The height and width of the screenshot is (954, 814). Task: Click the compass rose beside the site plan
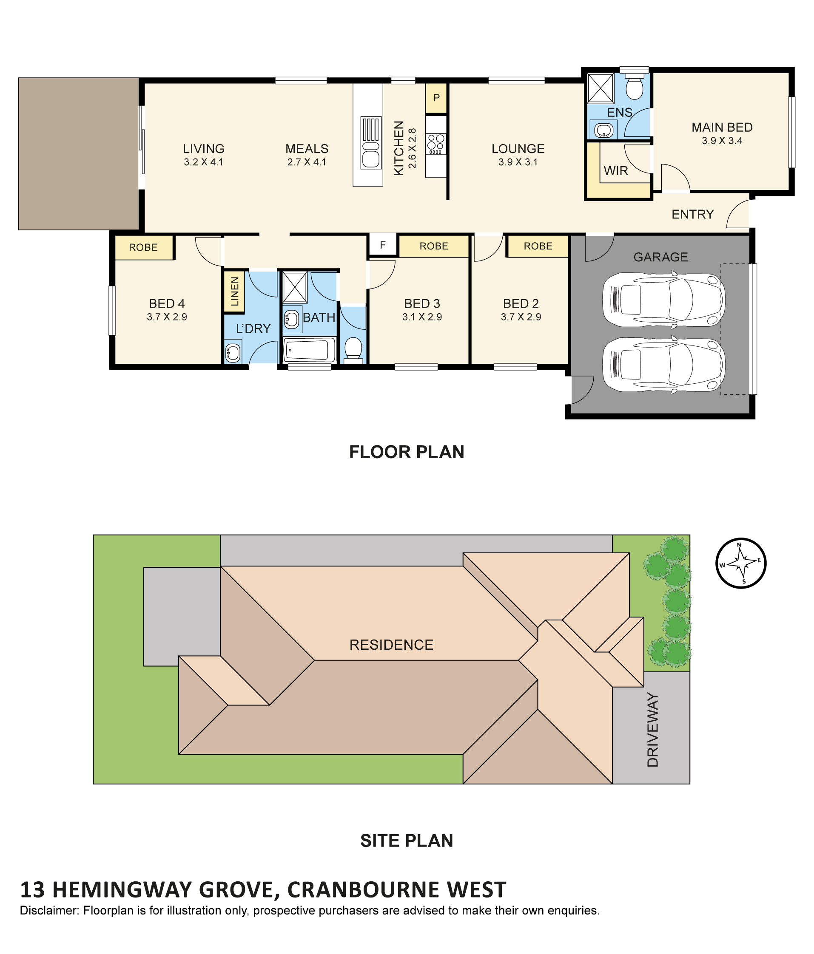pos(740,563)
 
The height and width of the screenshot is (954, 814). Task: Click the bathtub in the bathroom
pos(309,350)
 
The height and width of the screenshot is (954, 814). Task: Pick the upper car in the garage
pos(663,300)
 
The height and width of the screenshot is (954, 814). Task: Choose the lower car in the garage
pos(663,365)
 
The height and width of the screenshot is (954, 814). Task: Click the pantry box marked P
pos(436,98)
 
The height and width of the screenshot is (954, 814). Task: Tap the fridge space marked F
pos(382,245)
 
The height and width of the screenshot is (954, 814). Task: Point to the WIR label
pos(616,171)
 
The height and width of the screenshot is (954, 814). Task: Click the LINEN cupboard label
pos(234,292)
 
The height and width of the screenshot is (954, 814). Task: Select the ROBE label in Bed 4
pos(143,247)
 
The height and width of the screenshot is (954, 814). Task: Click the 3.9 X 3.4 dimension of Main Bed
pos(722,141)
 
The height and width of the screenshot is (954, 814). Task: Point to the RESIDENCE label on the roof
pos(391,645)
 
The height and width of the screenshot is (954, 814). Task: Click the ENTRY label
pos(692,214)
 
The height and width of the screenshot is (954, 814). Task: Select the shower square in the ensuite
pos(600,88)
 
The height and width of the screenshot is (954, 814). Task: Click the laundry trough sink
pos(233,352)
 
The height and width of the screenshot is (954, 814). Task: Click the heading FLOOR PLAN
pos(406,452)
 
